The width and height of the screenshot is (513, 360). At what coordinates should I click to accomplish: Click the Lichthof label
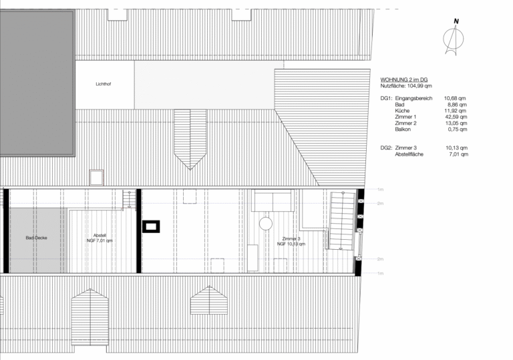point(104,84)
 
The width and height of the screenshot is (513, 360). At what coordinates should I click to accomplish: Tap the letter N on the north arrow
point(456,21)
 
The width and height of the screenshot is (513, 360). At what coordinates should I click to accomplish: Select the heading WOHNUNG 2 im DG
point(403,79)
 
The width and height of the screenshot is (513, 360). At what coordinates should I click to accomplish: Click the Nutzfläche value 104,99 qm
point(419,85)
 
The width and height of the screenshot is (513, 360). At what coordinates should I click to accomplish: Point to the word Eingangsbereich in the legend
point(413,98)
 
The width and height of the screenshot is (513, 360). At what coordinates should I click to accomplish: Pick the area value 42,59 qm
point(456,117)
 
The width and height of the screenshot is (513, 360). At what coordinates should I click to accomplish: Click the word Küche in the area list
point(402,111)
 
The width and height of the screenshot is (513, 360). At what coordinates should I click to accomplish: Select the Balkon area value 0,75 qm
point(458,130)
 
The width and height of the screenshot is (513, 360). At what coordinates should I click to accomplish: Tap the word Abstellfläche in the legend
point(409,154)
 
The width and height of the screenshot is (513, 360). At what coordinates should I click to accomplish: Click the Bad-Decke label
point(36,238)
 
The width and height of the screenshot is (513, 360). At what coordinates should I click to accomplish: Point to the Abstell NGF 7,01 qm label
point(100,238)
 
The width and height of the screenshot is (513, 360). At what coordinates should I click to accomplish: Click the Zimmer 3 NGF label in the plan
point(291,242)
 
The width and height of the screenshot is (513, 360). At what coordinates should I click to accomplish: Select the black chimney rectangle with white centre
point(151,226)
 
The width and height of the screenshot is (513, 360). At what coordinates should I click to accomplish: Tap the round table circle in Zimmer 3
point(266,224)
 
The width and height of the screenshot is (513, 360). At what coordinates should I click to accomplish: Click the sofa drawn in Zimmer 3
point(273,200)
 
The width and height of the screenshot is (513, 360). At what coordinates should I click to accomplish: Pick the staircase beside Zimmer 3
point(342,221)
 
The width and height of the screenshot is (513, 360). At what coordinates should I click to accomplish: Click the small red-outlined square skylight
point(96,178)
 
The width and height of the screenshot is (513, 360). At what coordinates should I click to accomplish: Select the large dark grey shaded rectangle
point(37,83)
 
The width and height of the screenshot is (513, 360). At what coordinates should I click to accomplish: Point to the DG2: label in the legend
point(386,148)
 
